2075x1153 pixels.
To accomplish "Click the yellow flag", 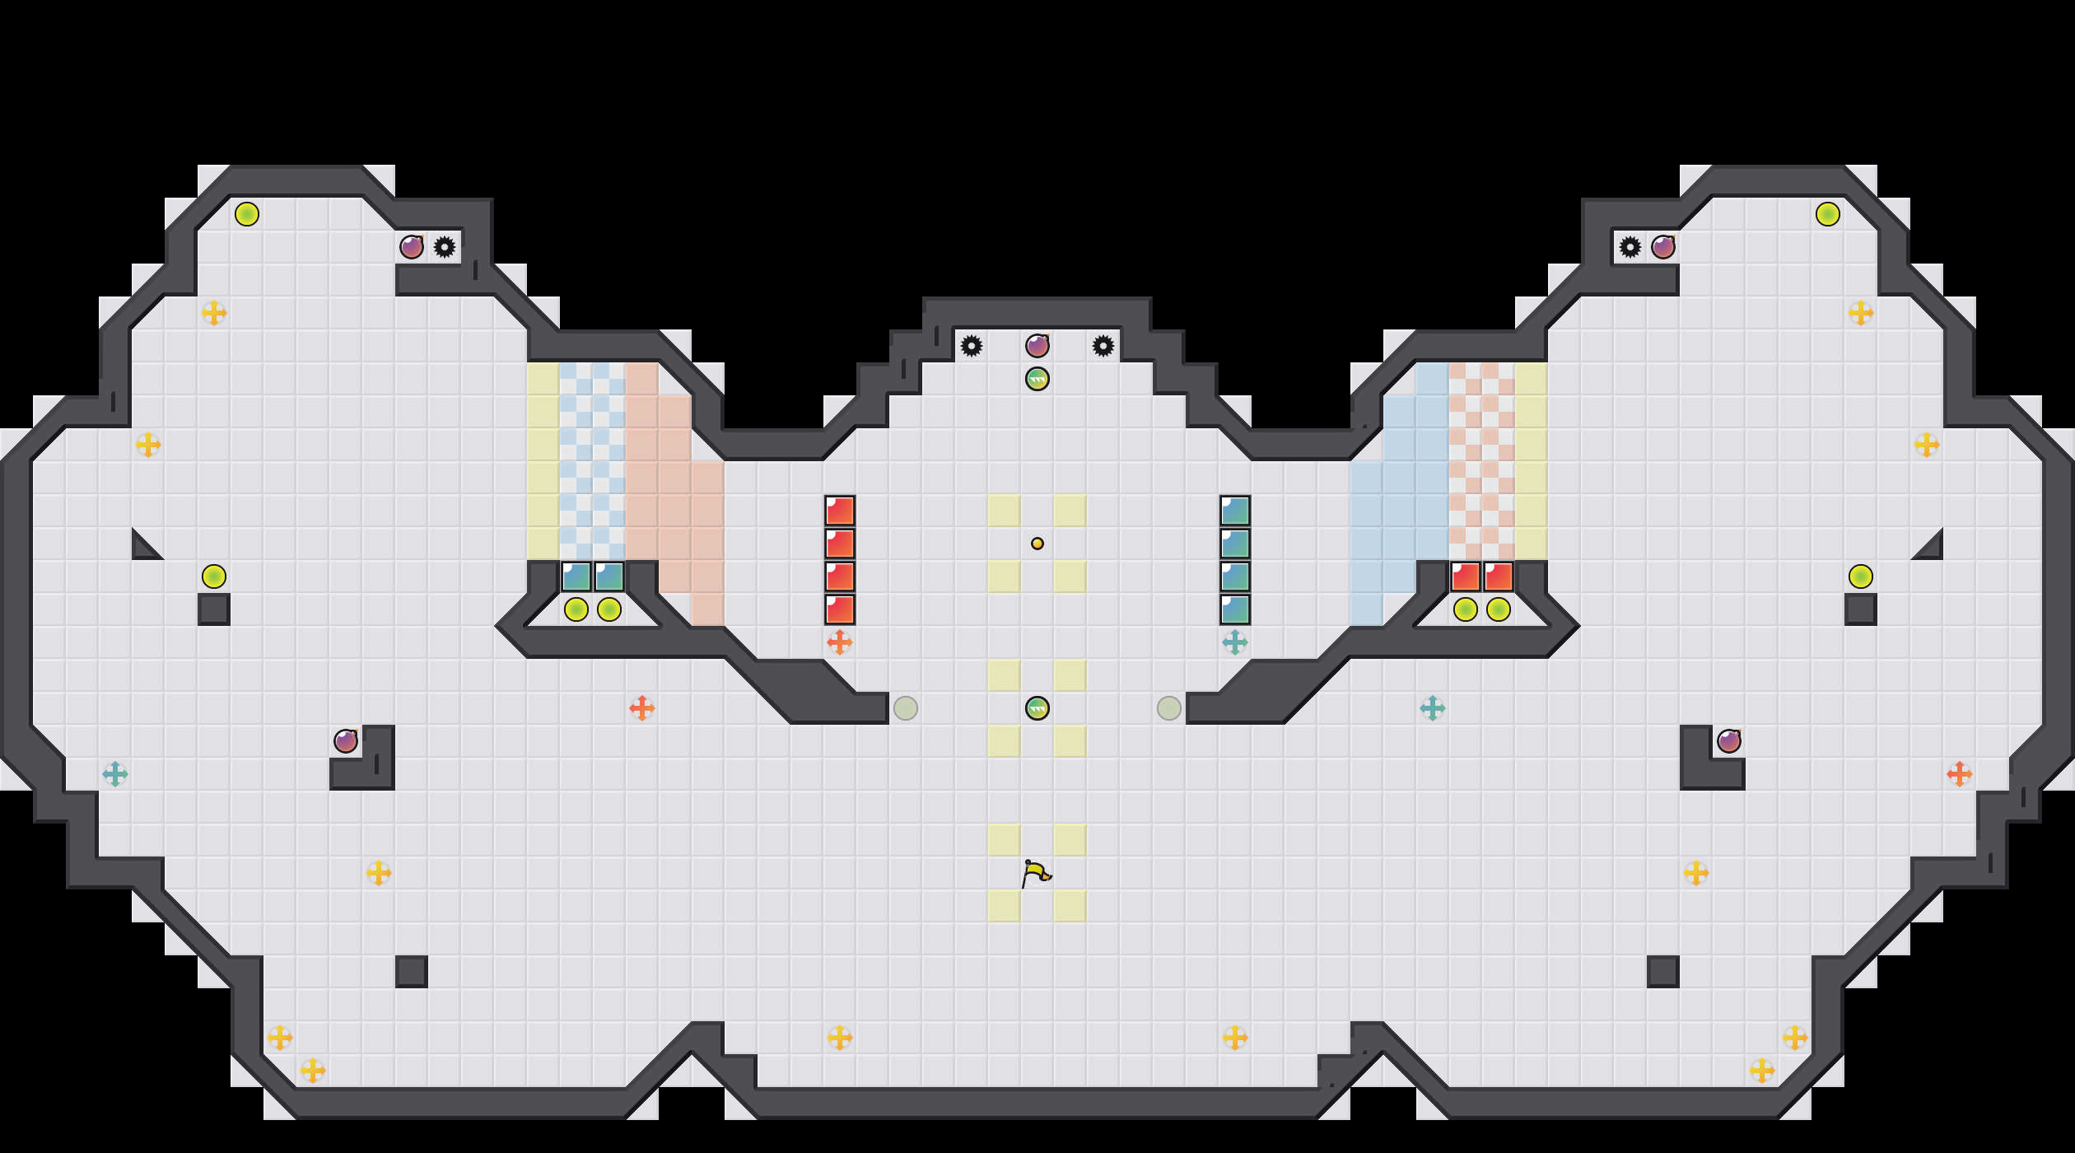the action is pos(1036,873).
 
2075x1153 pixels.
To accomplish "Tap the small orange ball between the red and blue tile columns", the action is pos(1037,544).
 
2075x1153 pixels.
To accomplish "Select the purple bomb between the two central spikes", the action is pos(1037,346).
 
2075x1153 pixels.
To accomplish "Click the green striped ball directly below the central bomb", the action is pos(1037,379).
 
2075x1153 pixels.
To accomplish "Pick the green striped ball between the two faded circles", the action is pos(1037,708).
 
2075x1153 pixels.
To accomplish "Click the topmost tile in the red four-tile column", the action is pos(840,511).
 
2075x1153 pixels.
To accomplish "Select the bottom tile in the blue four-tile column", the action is pos(1235,609).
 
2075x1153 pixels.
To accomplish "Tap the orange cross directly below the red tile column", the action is pos(840,642).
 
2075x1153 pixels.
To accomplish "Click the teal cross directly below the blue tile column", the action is pos(1235,642).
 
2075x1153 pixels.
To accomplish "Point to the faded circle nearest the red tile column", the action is pos(906,708).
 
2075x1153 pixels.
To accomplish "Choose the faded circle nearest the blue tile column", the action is pos(1169,708).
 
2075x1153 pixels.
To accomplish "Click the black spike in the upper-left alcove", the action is pos(445,247).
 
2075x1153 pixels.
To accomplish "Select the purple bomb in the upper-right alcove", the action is pos(1663,247).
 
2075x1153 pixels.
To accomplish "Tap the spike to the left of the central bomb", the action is pos(972,346).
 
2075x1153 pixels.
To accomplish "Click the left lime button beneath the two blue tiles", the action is pos(576,609).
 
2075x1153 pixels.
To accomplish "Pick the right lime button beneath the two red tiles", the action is pos(1499,609).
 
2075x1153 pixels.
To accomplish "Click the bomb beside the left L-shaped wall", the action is pos(346,741).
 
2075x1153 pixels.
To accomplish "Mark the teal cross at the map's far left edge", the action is pos(115,774).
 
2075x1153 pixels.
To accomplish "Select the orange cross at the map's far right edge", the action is pos(1960,774).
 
